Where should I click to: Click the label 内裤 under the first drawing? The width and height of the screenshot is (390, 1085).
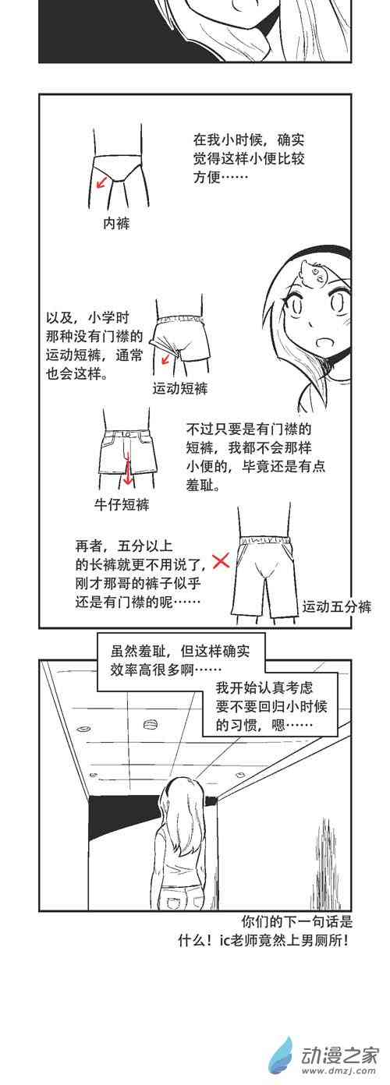pyautogui.click(x=116, y=223)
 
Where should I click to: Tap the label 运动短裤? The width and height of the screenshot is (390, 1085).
pyautogui.click(x=179, y=388)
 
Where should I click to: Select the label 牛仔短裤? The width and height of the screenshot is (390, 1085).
pyautogui.click(x=122, y=505)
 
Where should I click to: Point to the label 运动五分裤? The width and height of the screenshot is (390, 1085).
pyautogui.click(x=337, y=606)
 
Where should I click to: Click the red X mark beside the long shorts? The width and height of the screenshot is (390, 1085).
pyautogui.click(x=221, y=561)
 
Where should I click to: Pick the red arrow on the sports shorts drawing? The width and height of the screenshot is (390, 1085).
pyautogui.click(x=166, y=359)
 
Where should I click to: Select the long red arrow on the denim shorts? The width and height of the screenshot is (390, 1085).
pyautogui.click(x=128, y=466)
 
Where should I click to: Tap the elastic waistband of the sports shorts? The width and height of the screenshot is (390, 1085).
pyautogui.click(x=180, y=320)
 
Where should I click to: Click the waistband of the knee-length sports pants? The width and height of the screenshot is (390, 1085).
pyautogui.click(x=265, y=539)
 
